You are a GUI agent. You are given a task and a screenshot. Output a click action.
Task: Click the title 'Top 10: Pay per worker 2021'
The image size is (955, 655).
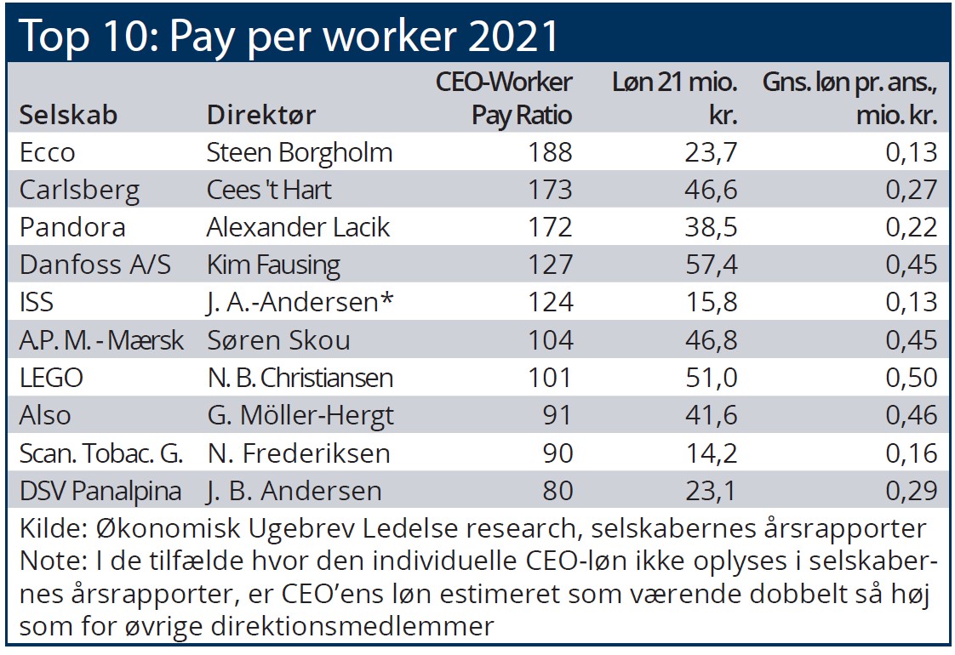pos(289,36)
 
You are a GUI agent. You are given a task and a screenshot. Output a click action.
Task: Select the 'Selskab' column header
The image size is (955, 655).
pos(68,115)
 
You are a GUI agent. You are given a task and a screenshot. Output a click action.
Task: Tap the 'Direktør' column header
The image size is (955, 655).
pos(262,115)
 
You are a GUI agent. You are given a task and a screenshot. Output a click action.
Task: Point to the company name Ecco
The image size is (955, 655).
pos(48,152)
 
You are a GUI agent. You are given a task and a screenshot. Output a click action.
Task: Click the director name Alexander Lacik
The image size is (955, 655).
pos(298,227)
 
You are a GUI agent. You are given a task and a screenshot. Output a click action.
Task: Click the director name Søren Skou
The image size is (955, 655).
pos(278,340)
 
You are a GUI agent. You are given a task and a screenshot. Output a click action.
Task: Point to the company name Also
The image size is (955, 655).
pos(45,415)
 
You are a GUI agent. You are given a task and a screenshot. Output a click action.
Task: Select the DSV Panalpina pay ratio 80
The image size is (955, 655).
pos(558,491)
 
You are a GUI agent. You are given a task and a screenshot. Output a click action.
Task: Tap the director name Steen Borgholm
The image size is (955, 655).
pos(300,152)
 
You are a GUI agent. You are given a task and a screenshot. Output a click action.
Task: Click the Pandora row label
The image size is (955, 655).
pos(72,227)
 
